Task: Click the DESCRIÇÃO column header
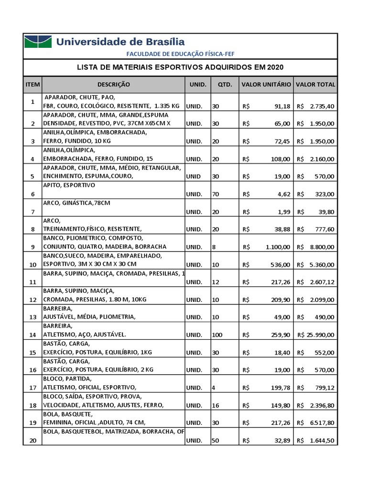pos(113,85)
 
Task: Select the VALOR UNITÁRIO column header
pos(266,85)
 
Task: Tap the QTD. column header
pos(225,85)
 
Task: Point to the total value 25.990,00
pos(316,335)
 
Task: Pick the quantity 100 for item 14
pos(217,335)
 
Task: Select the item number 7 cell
pos(32,212)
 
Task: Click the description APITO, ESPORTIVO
pos(69,185)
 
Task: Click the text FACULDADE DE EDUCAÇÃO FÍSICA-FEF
pos(180,54)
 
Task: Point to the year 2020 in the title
pos(279,67)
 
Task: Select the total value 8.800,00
pos(323,247)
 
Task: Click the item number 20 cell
pos(32,441)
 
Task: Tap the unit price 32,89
pos(281,441)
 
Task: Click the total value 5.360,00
pos(323,264)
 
